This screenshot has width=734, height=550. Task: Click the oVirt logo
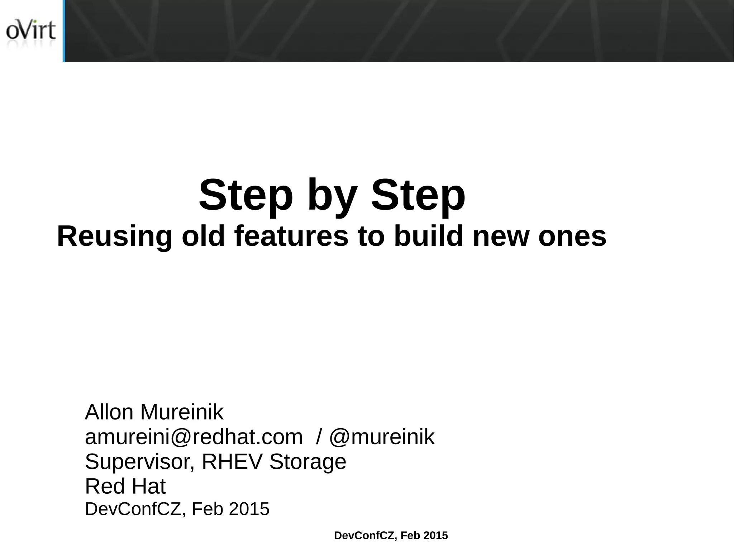(x=31, y=32)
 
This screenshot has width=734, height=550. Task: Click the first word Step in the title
(x=246, y=195)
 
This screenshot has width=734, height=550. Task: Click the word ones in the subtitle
(x=572, y=236)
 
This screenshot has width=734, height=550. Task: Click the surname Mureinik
(x=182, y=412)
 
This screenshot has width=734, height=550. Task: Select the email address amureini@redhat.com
(x=194, y=437)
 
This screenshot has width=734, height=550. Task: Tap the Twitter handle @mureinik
(x=382, y=437)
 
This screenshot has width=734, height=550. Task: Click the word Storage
(x=308, y=462)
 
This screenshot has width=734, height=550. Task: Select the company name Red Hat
(x=125, y=486)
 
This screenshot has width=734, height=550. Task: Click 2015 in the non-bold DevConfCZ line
(x=249, y=509)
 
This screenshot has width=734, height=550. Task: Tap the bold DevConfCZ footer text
(x=391, y=536)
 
